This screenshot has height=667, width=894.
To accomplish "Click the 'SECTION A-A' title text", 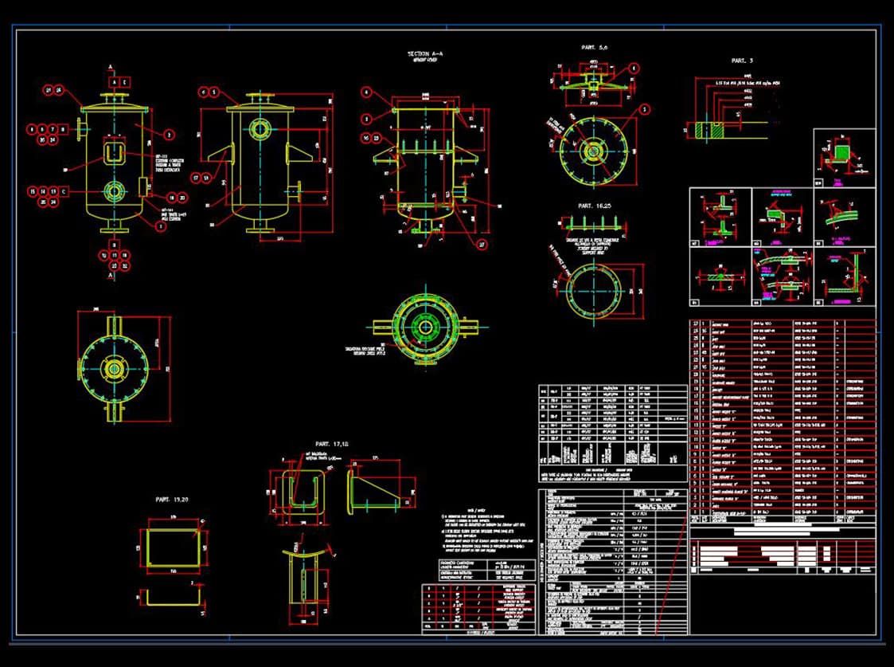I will point(427,54).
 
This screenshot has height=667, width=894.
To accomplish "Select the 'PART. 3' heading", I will point(741,61).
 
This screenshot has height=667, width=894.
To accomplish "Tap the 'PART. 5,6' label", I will point(594,48).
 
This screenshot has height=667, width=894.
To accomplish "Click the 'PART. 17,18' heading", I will point(333,443).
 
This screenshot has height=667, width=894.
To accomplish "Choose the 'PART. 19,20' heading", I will point(173,499).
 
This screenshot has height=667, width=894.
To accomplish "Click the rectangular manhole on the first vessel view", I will point(115,150).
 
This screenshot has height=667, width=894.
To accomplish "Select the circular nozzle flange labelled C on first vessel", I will point(115,191).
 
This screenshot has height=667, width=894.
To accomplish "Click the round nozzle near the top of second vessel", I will point(260,128).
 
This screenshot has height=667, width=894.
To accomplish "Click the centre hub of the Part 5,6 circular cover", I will point(593,149).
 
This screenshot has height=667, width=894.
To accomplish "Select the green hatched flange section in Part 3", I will point(701,130).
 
